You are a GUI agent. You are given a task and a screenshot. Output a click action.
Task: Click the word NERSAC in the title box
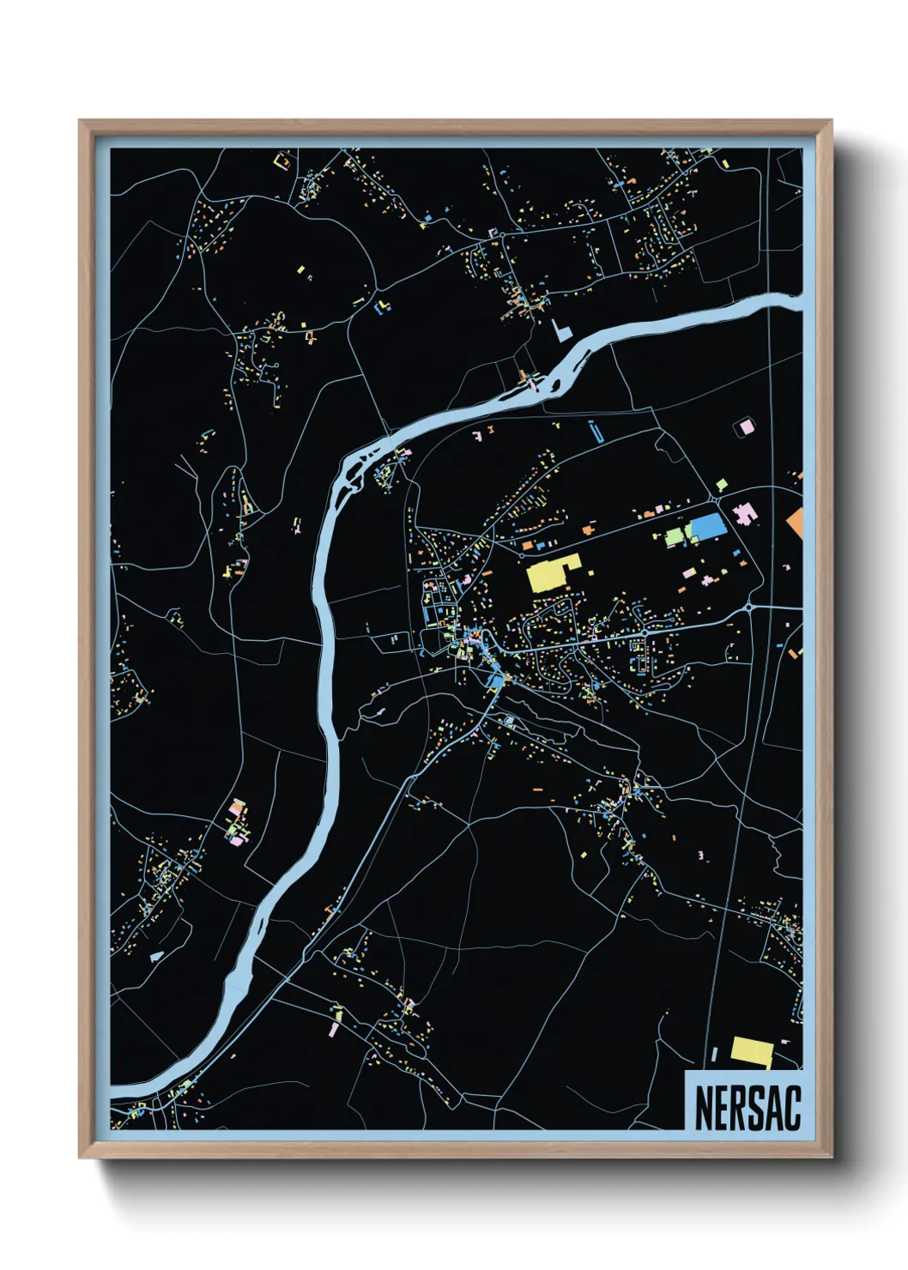(747, 1108)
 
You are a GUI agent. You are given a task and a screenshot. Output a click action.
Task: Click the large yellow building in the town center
(553, 573)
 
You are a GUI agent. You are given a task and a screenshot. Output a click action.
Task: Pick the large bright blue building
(707, 528)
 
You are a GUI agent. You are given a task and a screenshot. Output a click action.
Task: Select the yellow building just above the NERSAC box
(751, 1051)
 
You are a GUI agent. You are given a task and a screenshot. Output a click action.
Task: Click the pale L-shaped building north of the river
(561, 331)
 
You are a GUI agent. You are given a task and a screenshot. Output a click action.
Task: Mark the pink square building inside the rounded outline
(746, 426)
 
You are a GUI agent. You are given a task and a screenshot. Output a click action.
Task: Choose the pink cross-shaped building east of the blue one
(743, 515)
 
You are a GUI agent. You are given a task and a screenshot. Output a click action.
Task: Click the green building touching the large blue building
(685, 532)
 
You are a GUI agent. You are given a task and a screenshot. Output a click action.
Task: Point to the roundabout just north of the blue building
(715, 500)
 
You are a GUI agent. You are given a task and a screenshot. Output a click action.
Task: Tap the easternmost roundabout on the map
(750, 607)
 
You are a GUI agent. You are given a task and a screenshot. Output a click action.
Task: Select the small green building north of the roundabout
(723, 486)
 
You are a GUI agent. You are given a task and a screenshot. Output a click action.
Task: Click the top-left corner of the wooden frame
(80, 122)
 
